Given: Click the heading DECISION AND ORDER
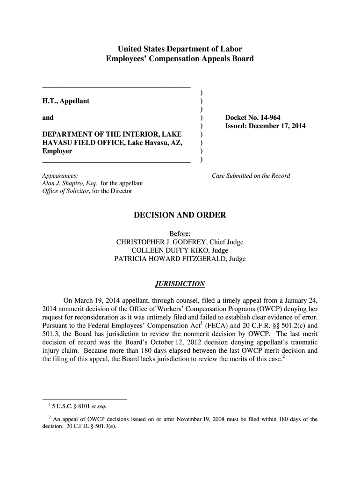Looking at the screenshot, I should coord(180,215).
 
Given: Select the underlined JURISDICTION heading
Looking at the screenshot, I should coord(180,284).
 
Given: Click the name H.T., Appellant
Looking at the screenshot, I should coord(66,101).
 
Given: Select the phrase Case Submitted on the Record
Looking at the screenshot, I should coord(251,176).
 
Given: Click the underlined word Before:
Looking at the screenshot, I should coord(180,234).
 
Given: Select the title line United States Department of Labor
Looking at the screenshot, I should coord(180,49).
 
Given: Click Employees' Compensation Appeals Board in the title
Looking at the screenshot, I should coord(180,59).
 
